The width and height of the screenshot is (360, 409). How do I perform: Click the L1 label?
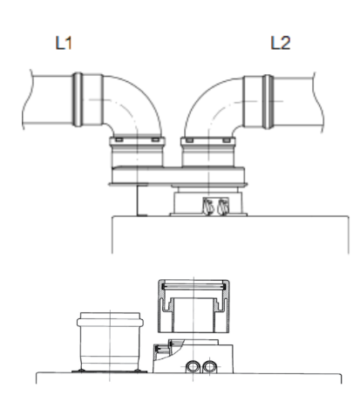click(64, 43)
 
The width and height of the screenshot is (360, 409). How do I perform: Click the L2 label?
click(281, 43)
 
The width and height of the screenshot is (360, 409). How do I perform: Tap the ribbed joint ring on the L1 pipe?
click(78, 99)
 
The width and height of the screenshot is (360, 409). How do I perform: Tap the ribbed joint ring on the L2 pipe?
click(268, 102)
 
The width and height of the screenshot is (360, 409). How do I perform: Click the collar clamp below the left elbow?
click(137, 141)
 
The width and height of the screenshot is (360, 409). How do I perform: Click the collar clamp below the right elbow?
click(208, 141)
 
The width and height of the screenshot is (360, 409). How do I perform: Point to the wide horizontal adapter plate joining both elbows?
click(178, 176)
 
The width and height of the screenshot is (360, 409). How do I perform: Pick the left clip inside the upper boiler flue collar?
click(208, 207)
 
